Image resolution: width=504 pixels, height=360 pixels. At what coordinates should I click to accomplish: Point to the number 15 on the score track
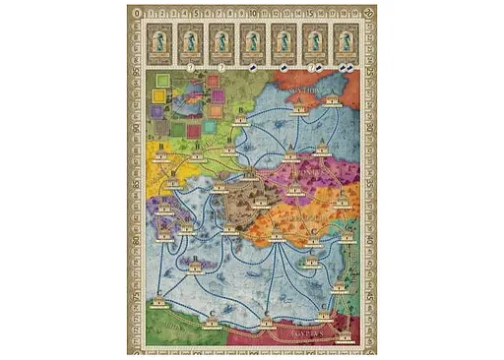(310, 12)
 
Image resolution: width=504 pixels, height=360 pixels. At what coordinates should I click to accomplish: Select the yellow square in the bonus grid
(157, 95)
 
